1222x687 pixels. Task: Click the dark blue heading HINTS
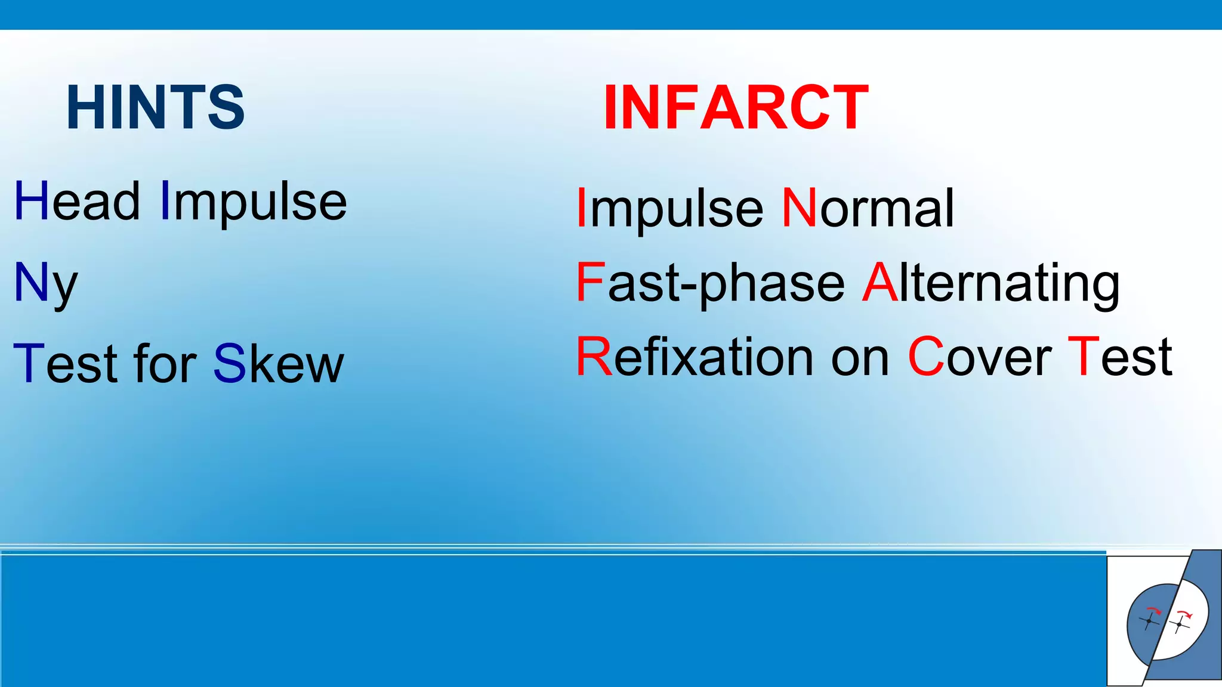pos(155,107)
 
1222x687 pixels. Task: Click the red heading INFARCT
pos(736,107)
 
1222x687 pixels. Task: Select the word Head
pos(77,202)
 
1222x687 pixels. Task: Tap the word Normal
pos(868,209)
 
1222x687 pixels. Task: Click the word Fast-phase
pos(710,283)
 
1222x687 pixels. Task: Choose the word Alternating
pos(991,283)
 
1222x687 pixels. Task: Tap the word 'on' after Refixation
pos(860,358)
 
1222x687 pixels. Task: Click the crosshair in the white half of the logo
pos(1179,624)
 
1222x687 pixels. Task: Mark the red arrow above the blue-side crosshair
pos(1155,610)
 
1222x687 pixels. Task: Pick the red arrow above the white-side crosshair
pos(1184,614)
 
